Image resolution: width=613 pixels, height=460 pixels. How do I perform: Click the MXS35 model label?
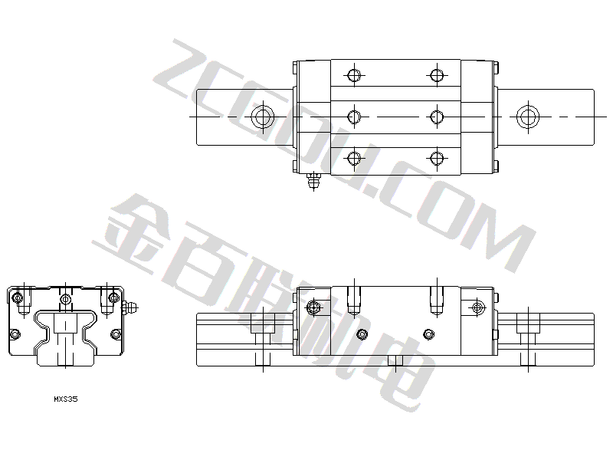pos(66,399)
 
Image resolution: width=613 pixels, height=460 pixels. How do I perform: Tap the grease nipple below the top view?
pos(313,180)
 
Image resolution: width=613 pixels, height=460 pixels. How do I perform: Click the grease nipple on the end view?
pos(130,307)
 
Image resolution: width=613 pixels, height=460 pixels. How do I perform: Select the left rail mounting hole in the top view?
pos(263,117)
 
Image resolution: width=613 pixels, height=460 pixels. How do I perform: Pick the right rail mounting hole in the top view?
pos(528,117)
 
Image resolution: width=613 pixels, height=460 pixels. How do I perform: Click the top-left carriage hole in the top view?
pos(354,75)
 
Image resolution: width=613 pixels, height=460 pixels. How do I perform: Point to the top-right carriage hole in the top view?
pos(437,75)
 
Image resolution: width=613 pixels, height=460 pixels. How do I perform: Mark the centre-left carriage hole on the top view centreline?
pos(354,117)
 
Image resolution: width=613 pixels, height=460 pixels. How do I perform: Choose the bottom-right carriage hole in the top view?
pos(437,159)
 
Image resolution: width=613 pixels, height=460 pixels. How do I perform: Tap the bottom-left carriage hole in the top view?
pos(354,159)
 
